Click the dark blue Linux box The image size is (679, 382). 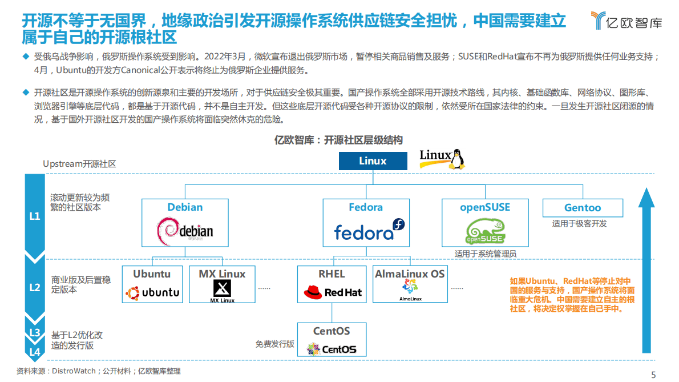pos(373,161)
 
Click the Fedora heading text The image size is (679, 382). pos(366,207)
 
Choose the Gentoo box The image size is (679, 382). pos(582,208)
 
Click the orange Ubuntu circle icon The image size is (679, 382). pos(133,293)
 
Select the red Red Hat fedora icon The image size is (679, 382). pos(313,293)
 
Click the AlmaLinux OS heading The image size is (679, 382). pos(410,274)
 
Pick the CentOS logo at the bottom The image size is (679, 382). pos(332,348)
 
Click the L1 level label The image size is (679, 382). pos(35,217)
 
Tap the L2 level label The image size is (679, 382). pos(35,287)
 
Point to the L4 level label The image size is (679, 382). pos(35,352)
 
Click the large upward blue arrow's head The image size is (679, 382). pos(646,197)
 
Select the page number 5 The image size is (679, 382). pos(654,375)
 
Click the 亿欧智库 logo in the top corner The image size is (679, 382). pos(627,22)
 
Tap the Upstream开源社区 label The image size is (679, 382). pos(79,164)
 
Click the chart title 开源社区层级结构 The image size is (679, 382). pos(339,140)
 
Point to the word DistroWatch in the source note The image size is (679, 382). pos(75,372)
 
